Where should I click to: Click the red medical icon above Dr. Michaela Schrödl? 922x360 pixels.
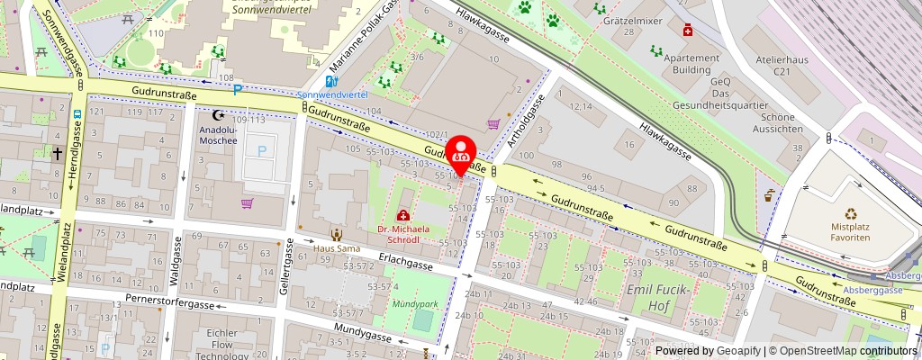pyautogui.click(x=403, y=216)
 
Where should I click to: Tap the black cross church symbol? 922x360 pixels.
pyautogui.click(x=57, y=155)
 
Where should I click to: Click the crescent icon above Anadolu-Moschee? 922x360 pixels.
pyautogui.click(x=217, y=115)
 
